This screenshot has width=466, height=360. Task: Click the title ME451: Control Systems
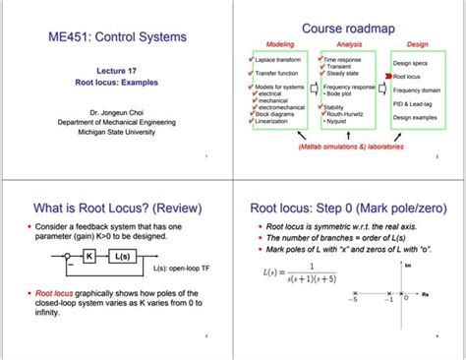(116, 37)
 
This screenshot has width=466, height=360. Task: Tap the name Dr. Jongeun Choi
(116, 114)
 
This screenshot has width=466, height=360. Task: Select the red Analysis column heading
(349, 44)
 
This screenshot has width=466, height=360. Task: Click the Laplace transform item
(278, 60)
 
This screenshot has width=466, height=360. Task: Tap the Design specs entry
(409, 63)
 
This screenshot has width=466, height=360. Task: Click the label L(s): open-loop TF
(179, 268)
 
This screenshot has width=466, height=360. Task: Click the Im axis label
(407, 265)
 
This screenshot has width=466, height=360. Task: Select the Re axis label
(425, 292)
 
